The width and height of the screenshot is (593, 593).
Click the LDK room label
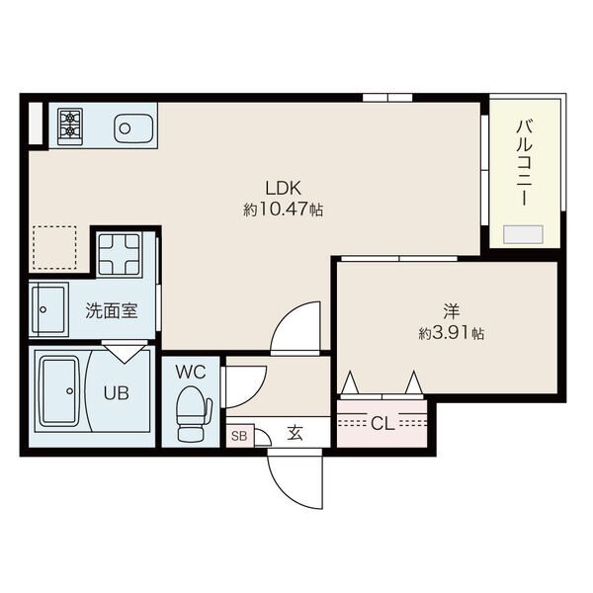click(283, 188)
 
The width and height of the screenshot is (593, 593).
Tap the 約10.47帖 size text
click(283, 210)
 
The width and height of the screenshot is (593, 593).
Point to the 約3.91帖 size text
click(452, 333)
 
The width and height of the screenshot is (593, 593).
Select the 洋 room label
click(452, 311)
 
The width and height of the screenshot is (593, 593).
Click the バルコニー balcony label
click(526, 162)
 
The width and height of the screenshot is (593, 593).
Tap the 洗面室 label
click(111, 311)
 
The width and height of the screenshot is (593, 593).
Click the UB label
click(117, 393)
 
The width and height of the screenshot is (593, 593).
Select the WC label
click(191, 373)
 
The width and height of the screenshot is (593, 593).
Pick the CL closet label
click(382, 424)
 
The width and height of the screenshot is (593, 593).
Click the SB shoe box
click(240, 436)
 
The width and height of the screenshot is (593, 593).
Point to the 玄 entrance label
click(295, 433)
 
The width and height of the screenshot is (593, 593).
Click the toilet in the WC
click(194, 414)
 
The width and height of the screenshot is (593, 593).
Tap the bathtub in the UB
click(60, 391)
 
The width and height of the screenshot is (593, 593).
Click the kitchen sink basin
click(133, 128)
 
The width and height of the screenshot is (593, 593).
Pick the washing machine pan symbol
click(120, 254)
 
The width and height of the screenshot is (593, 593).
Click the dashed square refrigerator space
click(54, 248)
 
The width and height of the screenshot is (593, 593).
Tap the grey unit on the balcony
click(523, 234)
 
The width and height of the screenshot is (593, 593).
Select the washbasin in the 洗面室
click(49, 309)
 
